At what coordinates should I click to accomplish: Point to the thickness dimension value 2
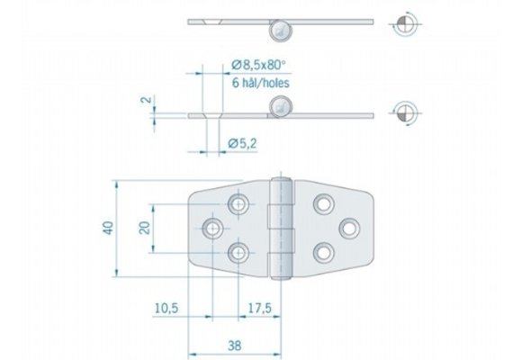tap(142, 102)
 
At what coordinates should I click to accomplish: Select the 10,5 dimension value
tap(166, 309)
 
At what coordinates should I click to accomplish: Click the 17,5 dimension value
tap(259, 309)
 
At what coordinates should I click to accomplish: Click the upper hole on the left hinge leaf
tap(238, 205)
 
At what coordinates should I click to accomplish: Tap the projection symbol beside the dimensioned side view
tap(406, 113)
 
